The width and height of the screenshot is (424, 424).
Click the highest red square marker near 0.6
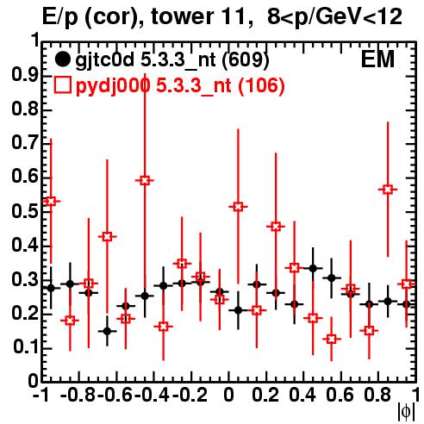(145, 181)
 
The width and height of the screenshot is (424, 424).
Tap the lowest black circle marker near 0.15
(107, 331)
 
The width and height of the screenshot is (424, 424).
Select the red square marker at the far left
(51, 201)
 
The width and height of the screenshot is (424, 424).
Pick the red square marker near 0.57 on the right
(388, 190)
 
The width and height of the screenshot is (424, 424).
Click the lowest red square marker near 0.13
(332, 340)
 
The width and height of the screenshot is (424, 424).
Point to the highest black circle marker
(313, 269)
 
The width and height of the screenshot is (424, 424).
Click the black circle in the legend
(62, 59)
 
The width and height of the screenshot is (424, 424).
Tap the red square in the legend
(62, 85)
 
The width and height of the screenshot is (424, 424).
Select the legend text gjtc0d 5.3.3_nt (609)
(172, 60)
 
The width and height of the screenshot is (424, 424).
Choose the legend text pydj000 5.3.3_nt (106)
(180, 86)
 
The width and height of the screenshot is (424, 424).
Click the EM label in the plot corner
(377, 59)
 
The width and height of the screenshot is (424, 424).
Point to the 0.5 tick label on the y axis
(25, 212)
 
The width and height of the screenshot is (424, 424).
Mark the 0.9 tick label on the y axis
(25, 76)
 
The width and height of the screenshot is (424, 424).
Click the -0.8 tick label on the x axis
(78, 395)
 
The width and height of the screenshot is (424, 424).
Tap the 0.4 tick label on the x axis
(302, 395)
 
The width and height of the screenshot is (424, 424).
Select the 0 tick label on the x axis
(228, 395)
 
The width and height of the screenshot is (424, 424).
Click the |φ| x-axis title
(406, 412)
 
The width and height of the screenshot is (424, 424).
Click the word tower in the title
(182, 16)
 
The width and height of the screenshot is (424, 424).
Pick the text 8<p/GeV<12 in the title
(334, 17)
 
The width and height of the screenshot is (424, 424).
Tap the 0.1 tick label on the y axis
(26, 347)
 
